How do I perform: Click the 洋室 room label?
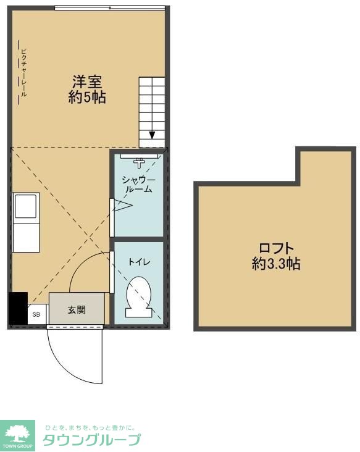87,82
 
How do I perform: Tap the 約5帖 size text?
87,97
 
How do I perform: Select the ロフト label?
276,248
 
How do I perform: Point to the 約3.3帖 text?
276,264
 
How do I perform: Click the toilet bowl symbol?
139,297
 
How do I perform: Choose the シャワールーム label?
139,185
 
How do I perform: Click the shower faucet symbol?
139,162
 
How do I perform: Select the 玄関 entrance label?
77,310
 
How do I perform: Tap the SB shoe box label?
36,314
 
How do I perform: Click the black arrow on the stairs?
152,135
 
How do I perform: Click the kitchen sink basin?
26,206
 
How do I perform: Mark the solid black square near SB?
18,308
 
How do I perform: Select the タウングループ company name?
91,440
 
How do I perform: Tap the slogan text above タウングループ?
90,427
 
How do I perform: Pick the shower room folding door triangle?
123,205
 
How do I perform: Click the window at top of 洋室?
110,8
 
